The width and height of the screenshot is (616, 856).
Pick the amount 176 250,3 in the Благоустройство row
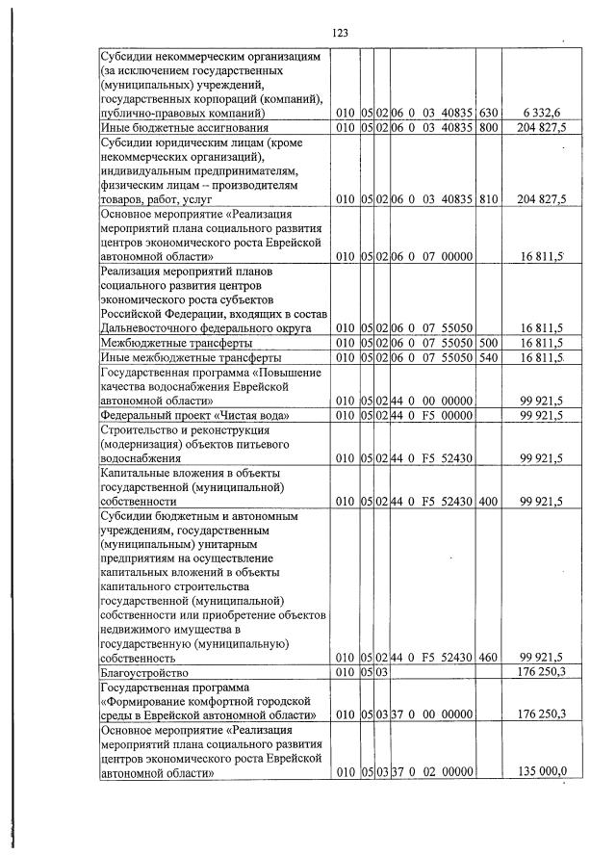pos(541,671)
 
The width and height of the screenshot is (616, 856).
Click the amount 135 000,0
pos(542,772)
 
